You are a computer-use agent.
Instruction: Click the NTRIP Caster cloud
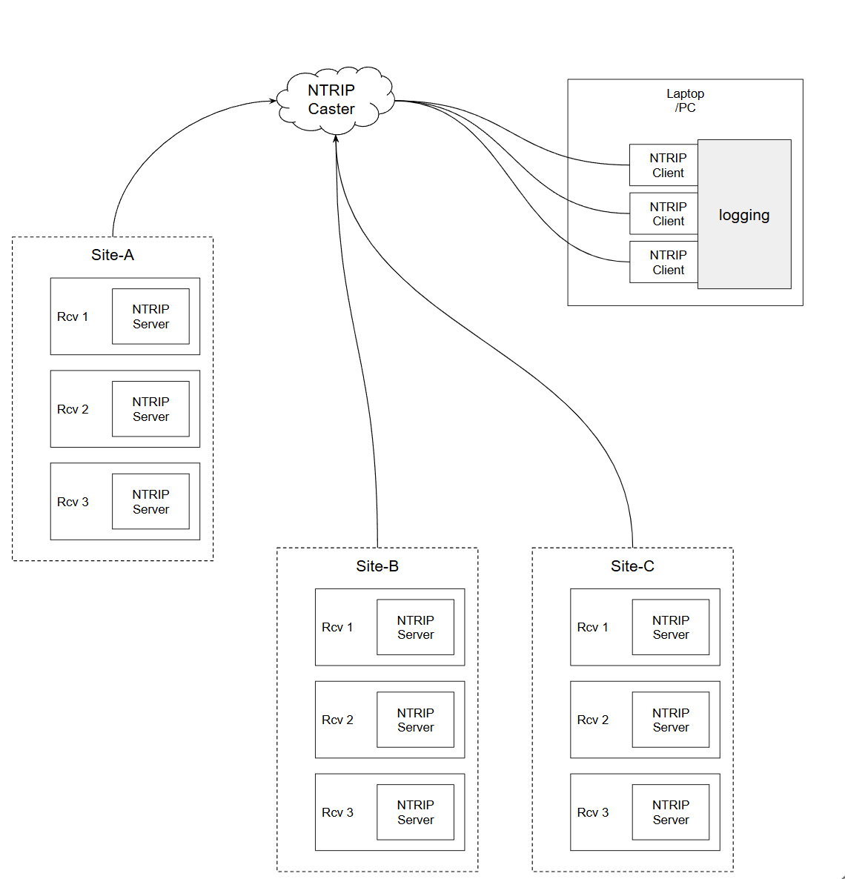[x=336, y=100]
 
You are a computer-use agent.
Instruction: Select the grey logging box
[x=744, y=214]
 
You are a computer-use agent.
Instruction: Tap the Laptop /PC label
[x=685, y=100]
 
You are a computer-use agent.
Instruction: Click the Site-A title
[x=113, y=255]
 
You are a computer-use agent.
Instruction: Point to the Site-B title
[x=377, y=566]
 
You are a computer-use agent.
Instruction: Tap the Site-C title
[x=632, y=566]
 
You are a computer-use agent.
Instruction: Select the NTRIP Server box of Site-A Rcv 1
[x=150, y=316]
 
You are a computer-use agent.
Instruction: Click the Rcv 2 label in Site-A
[x=73, y=409]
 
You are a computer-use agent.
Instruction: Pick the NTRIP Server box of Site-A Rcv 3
[x=150, y=501]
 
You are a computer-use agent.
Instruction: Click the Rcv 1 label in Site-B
[x=337, y=627]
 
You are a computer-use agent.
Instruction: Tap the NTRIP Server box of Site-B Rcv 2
[x=416, y=720]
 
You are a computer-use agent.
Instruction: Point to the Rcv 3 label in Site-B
[x=337, y=812]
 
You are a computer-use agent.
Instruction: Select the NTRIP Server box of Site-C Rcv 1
[x=671, y=627]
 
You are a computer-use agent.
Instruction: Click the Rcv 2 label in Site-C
[x=593, y=720]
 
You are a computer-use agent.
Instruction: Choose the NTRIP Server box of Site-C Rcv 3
[x=671, y=812]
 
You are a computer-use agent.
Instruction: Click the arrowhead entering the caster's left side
[x=273, y=101]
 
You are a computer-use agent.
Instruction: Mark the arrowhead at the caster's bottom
[x=336, y=139]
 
